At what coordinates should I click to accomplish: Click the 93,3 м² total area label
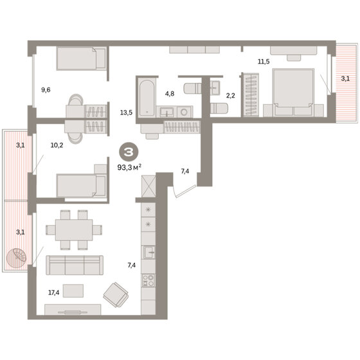click(x=129, y=167)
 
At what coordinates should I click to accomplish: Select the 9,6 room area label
click(x=46, y=90)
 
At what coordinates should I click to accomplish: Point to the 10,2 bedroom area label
click(x=57, y=145)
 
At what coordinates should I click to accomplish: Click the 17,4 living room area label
click(x=54, y=292)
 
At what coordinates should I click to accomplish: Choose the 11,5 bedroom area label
click(x=264, y=62)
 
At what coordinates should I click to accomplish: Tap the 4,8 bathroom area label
click(x=170, y=94)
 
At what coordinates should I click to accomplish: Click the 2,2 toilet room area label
click(x=231, y=96)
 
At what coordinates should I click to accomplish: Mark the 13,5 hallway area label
click(x=126, y=113)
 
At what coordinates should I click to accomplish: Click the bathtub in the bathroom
click(x=147, y=97)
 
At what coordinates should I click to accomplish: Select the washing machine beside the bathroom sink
click(x=184, y=112)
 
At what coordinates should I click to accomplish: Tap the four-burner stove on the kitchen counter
click(x=148, y=280)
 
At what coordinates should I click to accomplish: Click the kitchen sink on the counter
click(x=148, y=252)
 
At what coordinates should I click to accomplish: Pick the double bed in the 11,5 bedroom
click(x=293, y=92)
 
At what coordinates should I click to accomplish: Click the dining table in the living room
click(x=74, y=230)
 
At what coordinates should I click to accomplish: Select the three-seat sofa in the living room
click(x=75, y=265)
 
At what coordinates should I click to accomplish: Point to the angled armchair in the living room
click(x=116, y=295)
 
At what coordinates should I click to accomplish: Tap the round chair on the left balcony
click(x=17, y=258)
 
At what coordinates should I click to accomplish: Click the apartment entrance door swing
click(x=184, y=192)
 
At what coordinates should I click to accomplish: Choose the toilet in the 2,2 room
click(x=219, y=108)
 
